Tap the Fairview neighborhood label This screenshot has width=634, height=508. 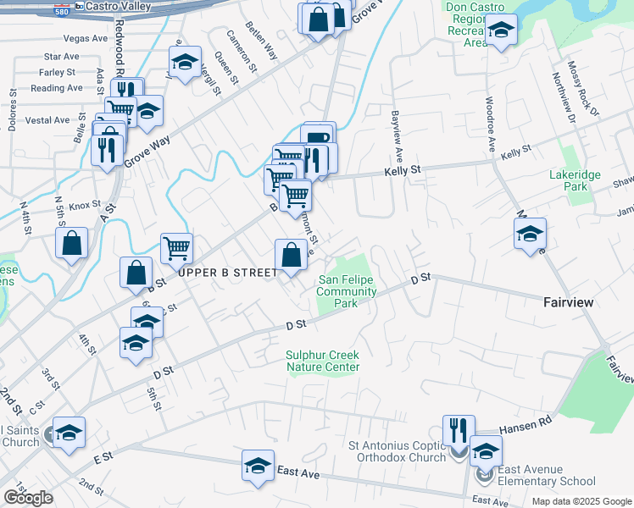[x=568, y=302]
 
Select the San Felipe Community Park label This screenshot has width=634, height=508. [x=347, y=292]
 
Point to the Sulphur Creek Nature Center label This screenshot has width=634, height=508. [x=323, y=361]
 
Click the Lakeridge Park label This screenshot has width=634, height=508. [x=576, y=180]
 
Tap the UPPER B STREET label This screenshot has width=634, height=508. [x=227, y=273]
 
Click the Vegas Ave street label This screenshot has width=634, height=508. [x=86, y=38]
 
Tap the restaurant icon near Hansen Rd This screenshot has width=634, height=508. [x=459, y=428]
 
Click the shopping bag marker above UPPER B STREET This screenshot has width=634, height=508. [x=291, y=255]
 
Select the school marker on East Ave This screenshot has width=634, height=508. [x=258, y=465]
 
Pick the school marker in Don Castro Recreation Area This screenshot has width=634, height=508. [x=502, y=30]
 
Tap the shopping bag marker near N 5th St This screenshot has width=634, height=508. [x=73, y=243]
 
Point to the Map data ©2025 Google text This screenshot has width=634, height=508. [x=581, y=501]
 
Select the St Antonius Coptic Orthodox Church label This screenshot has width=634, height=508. [x=398, y=451]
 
